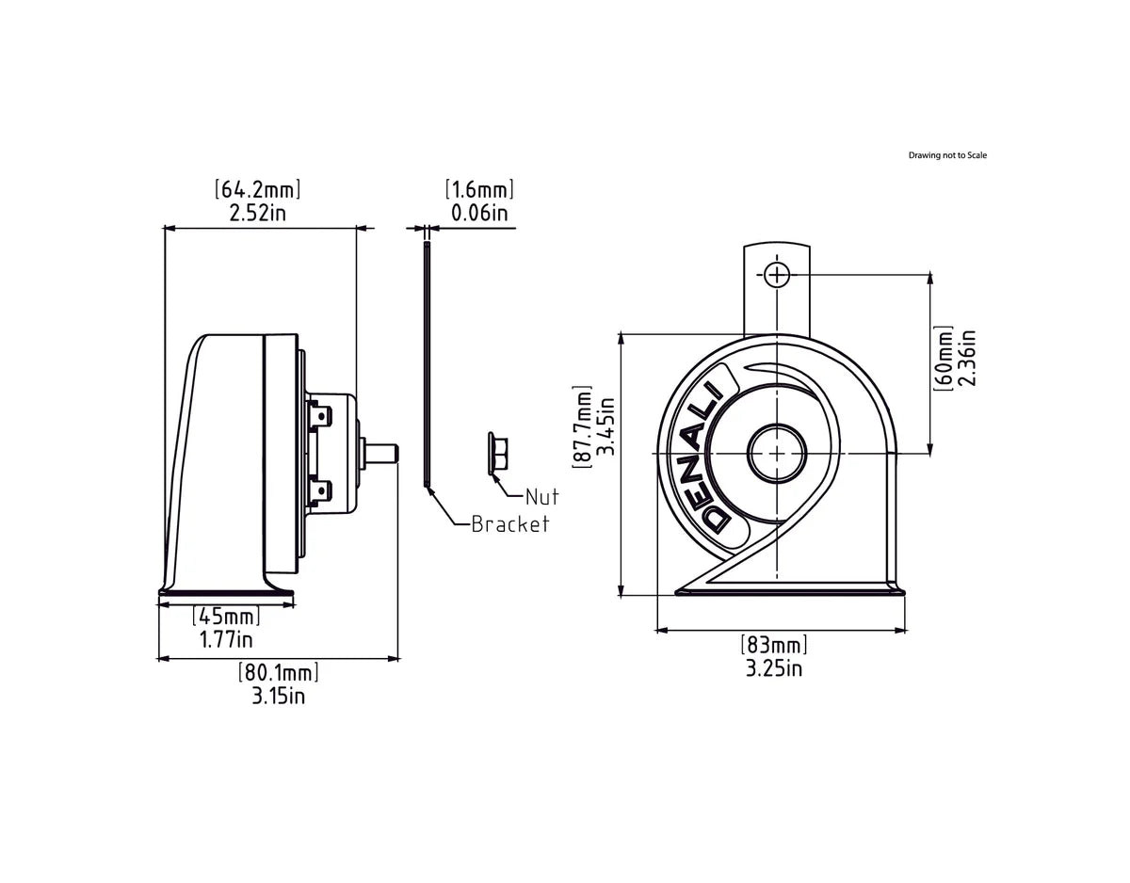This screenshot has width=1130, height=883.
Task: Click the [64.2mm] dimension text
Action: click(x=259, y=189)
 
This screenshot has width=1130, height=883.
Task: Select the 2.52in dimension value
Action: click(x=259, y=213)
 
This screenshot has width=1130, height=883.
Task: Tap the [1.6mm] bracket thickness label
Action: click(x=479, y=189)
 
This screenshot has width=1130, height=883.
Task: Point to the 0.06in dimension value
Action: click(x=479, y=213)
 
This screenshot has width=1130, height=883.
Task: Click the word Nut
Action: click(x=541, y=496)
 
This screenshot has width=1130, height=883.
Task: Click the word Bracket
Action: click(x=509, y=524)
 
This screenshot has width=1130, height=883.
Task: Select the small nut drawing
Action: click(x=498, y=454)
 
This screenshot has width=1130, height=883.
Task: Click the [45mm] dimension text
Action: click(x=226, y=618)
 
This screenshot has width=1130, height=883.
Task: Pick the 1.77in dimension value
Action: click(x=226, y=640)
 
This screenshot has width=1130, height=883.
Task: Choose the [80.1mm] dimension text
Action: click(x=278, y=673)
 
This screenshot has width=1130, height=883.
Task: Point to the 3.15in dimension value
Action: click(x=278, y=697)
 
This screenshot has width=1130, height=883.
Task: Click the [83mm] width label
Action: click(x=774, y=646)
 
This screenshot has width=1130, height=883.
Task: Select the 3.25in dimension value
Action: click(x=774, y=668)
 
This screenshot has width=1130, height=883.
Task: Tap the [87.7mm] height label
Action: click(x=584, y=425)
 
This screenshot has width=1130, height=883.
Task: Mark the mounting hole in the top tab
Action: click(x=776, y=274)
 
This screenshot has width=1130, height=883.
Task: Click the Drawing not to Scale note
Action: click(x=947, y=155)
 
